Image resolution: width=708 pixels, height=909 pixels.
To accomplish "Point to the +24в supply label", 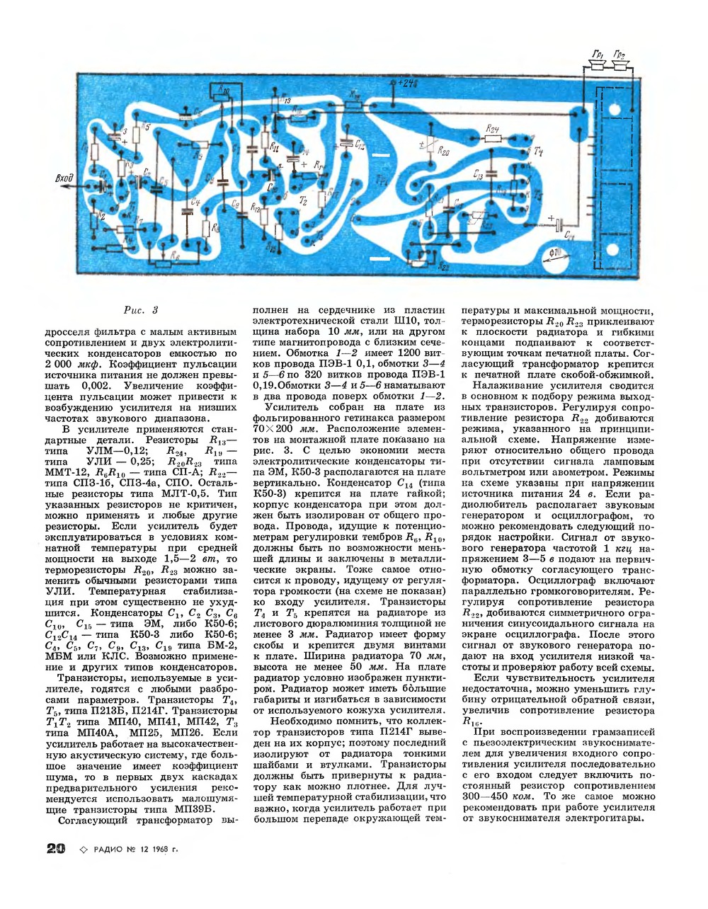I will point(409,84).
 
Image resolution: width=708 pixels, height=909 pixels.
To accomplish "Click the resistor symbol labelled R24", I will point(493,139).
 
